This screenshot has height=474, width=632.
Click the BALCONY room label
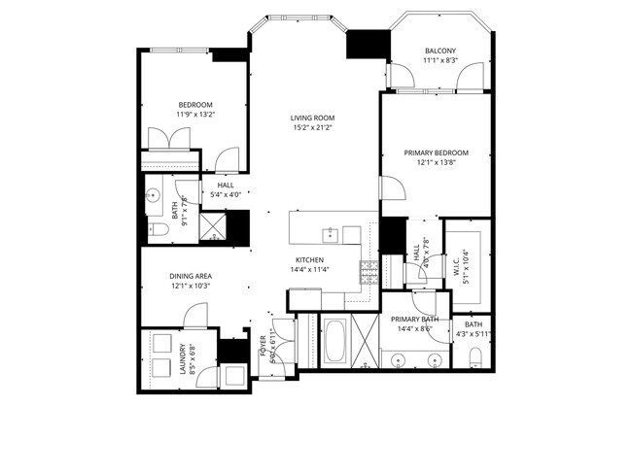point(439,51)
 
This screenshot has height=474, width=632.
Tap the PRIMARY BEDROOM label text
point(436,152)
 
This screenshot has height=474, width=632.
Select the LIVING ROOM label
point(311,119)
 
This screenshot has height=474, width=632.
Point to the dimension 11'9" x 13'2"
point(194,115)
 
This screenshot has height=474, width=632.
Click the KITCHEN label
point(309,259)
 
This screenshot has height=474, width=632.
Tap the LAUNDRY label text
point(182,365)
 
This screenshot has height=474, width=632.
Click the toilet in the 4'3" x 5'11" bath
point(474,360)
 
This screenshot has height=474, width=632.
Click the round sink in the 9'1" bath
point(154,195)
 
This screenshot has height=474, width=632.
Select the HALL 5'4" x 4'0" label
point(226,189)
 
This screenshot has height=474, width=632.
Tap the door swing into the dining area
point(195,314)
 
